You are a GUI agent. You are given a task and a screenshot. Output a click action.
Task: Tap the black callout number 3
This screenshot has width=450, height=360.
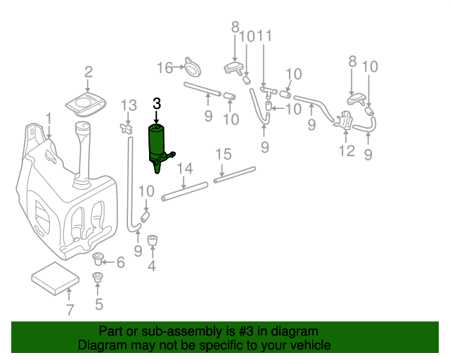pos(156,103)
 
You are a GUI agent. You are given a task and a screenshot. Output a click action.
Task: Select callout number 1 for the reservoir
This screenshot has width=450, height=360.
pos(49,117)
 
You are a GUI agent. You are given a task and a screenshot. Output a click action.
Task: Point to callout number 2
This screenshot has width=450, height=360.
pos(89,72)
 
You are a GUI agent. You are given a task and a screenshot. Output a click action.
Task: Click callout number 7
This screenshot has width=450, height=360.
pos(69,310)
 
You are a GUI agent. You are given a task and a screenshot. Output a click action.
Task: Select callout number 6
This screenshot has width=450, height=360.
pos(120,262)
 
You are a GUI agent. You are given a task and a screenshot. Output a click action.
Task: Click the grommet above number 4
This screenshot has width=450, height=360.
pos(152,240)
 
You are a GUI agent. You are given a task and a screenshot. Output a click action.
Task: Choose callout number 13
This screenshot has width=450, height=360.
pos(128,105)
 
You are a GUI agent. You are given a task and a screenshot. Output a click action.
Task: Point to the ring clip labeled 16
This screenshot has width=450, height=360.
pos(192,68)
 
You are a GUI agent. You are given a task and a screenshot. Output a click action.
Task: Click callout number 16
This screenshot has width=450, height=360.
pos(165,68)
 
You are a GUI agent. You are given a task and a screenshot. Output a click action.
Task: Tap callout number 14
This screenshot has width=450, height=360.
pos(184,168)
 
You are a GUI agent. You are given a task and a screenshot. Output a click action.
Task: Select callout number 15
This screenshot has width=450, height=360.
pos(222,154)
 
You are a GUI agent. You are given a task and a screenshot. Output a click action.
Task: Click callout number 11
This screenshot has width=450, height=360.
pos(264,36)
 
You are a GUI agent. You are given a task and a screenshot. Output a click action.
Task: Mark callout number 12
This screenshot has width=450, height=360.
pos(346,151)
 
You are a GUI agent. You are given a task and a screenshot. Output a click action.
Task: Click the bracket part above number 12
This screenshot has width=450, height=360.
pos(346,120)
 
